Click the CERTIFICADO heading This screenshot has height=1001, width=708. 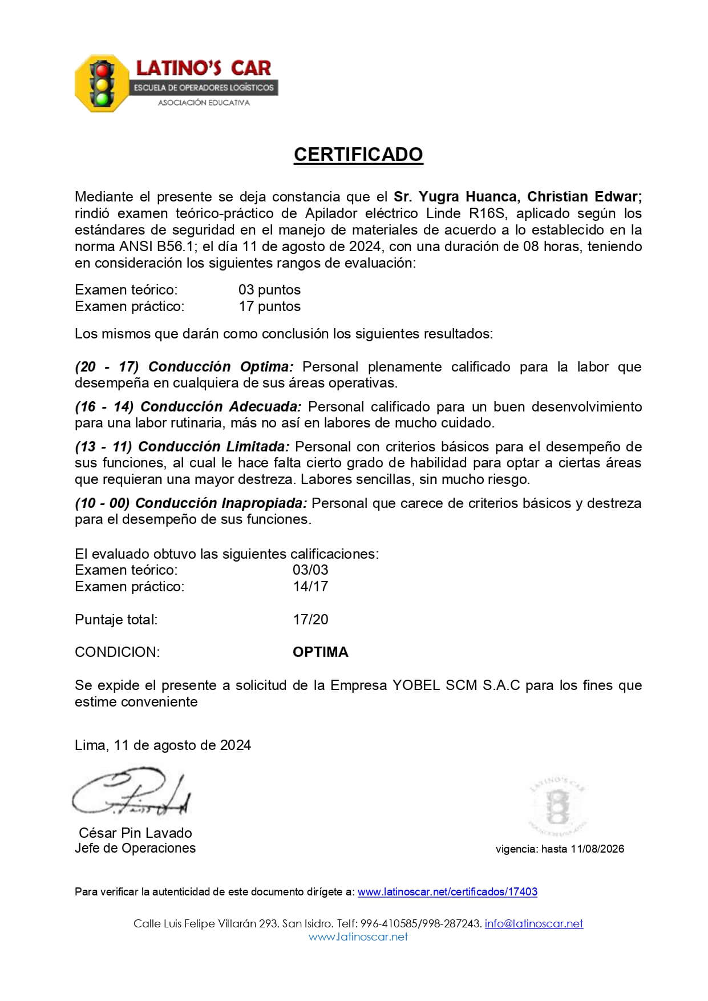pos(358,155)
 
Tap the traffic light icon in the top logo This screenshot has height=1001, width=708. pos(103,83)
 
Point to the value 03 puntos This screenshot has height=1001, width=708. pos(269,290)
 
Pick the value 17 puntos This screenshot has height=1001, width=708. pos(269,306)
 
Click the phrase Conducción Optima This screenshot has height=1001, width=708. pos(221,366)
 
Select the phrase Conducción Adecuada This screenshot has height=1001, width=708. pos(221,406)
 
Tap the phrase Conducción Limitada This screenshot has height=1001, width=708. pos(214,446)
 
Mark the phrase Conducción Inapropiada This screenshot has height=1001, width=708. pos(221,503)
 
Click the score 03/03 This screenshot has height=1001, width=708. pos(310,570)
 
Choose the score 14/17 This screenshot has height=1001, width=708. pos(310,586)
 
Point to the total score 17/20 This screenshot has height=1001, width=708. pos(310,619)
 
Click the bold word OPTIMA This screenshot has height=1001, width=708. pos(320,652)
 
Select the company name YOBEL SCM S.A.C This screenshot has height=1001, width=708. pos(456,685)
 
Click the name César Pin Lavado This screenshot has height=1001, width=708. pos(135,833)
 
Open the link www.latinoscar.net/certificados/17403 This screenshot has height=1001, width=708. pos(447,891)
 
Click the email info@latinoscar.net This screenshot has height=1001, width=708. pos(533,923)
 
